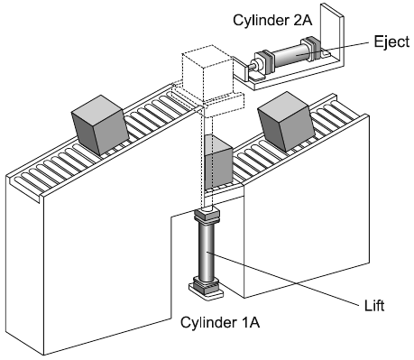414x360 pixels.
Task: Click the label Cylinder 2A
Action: point(272,21)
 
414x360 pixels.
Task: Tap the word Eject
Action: point(391,42)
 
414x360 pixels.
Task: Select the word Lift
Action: point(374,306)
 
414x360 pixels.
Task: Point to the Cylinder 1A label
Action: point(220,322)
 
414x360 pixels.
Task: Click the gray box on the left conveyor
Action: point(100,125)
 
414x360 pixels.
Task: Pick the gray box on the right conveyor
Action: point(286,122)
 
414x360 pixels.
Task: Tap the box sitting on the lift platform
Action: point(218,162)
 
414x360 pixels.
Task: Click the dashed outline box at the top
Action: point(207,73)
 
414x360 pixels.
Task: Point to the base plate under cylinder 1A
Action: point(207,291)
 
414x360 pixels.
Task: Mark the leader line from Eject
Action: point(333,49)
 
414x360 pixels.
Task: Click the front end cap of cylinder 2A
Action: point(265,61)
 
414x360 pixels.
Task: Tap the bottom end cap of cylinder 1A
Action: point(207,284)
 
